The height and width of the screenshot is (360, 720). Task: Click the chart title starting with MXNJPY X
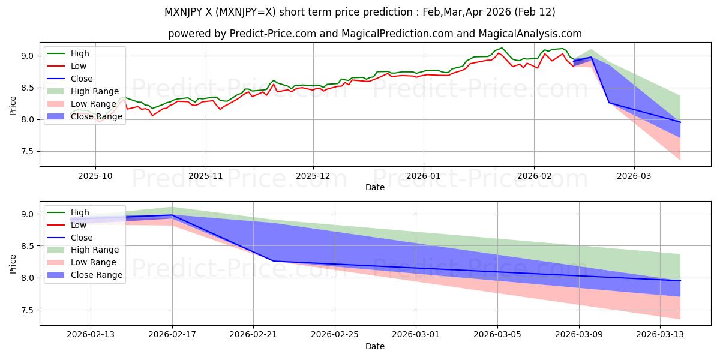click(359, 12)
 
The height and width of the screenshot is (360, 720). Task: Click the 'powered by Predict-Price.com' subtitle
click(374, 34)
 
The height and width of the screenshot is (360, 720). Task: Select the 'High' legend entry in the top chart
click(79, 54)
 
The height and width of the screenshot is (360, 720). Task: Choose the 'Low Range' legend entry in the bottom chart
click(94, 262)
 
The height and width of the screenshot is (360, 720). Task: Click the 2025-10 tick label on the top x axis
click(95, 176)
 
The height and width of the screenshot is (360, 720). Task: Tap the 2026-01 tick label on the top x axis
click(424, 176)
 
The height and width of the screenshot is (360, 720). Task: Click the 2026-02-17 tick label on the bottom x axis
click(172, 335)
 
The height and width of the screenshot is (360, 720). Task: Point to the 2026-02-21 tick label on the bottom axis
click(253, 335)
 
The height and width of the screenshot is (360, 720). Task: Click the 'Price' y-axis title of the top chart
click(13, 104)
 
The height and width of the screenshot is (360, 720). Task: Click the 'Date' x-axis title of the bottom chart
click(374, 346)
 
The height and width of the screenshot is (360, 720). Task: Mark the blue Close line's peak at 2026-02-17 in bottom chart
click(172, 215)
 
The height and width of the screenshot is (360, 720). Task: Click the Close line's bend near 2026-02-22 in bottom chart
click(274, 261)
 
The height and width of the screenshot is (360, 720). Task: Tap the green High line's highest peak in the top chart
click(502, 47)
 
